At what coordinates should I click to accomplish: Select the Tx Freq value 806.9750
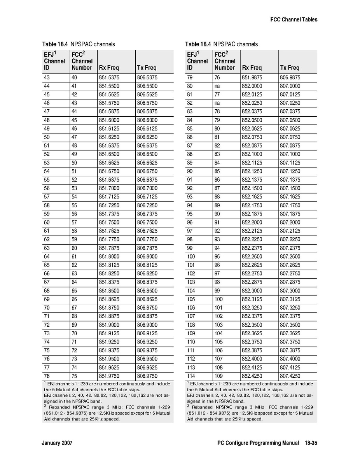[x=147, y=376]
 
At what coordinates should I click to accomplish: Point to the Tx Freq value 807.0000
[x=290, y=86]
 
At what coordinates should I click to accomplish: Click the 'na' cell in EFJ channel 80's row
[x=217, y=86]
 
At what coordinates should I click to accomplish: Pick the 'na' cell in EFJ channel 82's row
[x=217, y=103]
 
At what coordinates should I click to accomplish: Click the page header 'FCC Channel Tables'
[x=294, y=20]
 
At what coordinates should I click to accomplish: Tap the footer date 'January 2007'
[x=57, y=443]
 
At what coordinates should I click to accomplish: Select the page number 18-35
[x=311, y=443]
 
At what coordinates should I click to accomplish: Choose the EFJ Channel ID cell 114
[x=191, y=376]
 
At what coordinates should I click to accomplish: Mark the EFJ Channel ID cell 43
[x=47, y=78]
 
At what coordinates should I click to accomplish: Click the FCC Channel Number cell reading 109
[x=218, y=376]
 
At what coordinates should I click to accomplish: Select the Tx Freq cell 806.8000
[x=147, y=257]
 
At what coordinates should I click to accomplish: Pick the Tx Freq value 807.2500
[x=290, y=257]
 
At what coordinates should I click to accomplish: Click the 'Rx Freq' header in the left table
[x=109, y=68]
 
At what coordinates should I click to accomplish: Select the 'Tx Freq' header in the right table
[x=290, y=68]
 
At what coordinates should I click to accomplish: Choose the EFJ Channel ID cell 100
[x=191, y=257]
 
